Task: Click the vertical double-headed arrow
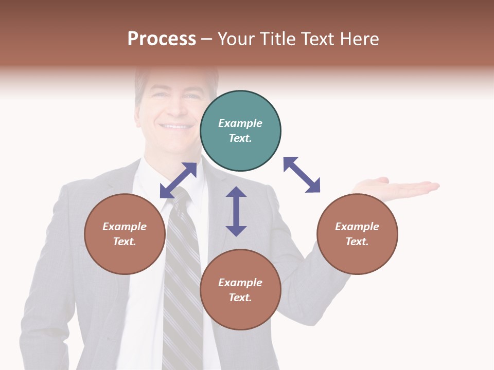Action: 236,211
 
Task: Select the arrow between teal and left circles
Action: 178,180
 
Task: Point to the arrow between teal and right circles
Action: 302,175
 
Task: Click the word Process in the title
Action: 162,39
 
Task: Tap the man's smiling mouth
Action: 175,126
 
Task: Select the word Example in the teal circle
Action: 240,123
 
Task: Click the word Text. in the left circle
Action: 125,242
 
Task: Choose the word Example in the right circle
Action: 357,227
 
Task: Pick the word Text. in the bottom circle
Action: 240,298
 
